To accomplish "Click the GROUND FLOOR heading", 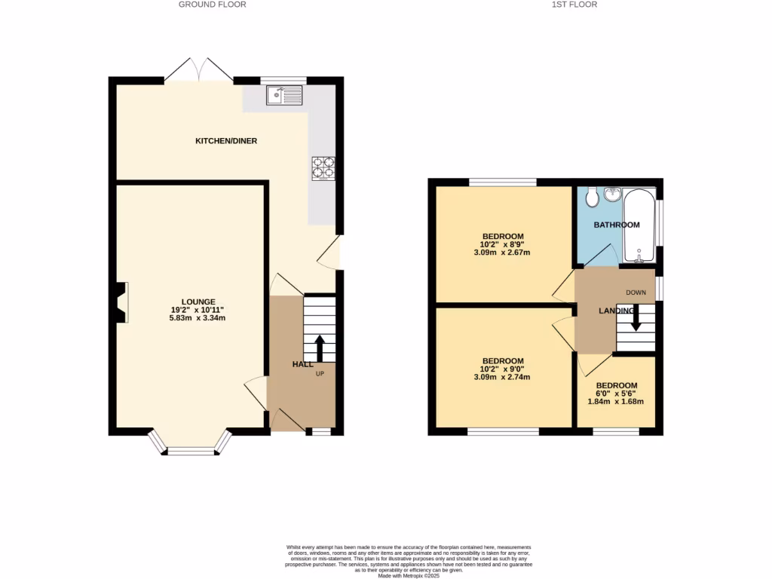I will [212, 5].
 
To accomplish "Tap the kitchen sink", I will [283, 95].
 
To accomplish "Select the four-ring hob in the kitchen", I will [323, 167].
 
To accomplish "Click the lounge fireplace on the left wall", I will [121, 302].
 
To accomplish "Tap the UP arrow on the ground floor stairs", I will [319, 348].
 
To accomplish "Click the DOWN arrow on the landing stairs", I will [636, 317].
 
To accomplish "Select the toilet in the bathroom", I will [592, 196].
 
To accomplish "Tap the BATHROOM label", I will [616, 225].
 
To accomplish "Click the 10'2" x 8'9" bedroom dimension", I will [502, 244].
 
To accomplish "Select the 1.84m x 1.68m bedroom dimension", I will [616, 401].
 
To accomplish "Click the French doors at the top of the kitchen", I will [199, 69].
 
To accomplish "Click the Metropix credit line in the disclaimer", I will [408, 576].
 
